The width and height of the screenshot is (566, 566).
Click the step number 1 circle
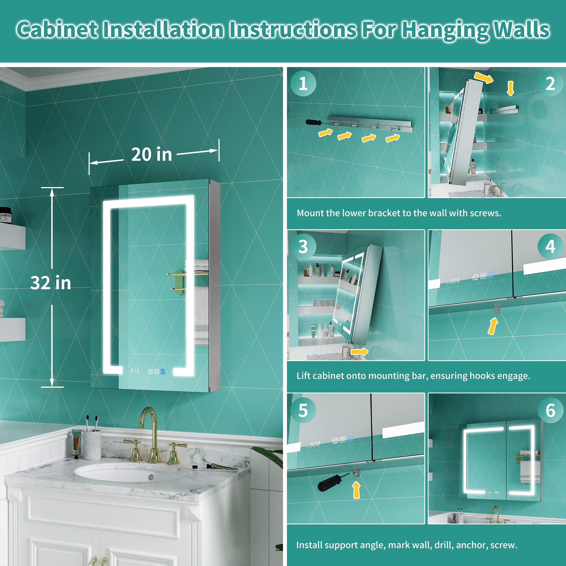coord(303,83)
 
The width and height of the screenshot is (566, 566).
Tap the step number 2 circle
coord(550,83)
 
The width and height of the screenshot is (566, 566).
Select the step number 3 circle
coord(303,246)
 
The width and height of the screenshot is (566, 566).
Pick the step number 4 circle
coord(550,246)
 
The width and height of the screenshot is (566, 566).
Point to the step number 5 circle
coord(303,410)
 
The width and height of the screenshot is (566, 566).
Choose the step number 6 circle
coord(550,410)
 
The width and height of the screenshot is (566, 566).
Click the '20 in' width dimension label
coord(151,155)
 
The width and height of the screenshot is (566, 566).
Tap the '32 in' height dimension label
coord(51,283)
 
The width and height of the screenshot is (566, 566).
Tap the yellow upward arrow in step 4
coord(493,326)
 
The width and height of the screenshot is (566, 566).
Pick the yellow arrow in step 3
coord(359,351)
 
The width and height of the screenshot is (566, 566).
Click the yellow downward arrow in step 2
coord(510,89)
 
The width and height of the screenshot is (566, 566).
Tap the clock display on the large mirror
coord(134,371)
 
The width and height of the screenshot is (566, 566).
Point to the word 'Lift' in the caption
coord(303,376)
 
